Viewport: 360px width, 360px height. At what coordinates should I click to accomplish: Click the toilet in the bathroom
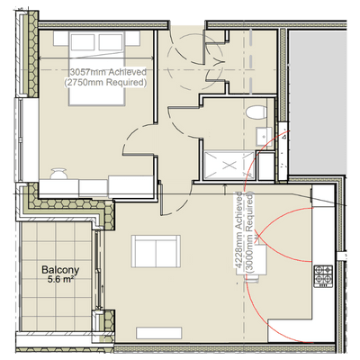coord(256,112)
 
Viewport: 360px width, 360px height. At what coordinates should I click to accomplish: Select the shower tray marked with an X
coord(229,166)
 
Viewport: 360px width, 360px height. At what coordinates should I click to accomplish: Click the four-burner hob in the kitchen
coord(323,276)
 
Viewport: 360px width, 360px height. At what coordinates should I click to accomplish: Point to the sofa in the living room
coord(156,251)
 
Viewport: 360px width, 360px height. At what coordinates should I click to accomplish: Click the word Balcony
coord(60,269)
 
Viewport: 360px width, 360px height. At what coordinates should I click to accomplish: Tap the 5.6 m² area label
coord(61,280)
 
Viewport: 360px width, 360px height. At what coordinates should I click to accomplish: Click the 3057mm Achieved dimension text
coord(108,72)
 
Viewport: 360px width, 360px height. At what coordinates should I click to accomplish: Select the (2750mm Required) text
coord(105,82)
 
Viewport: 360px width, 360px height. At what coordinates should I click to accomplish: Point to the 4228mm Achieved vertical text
coord(238,229)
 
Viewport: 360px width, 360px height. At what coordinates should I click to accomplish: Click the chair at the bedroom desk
coord(58,174)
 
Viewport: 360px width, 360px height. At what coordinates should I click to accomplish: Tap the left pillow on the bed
coord(83,41)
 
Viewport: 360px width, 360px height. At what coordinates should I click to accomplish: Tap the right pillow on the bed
coord(111,41)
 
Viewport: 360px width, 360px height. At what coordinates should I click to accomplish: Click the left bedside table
coord(62,39)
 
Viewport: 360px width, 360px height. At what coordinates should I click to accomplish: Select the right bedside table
coord(132,39)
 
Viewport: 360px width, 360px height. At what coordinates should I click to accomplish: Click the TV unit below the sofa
coord(159,333)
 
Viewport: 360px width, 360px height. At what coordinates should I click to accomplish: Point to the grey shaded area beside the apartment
coord(318,102)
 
